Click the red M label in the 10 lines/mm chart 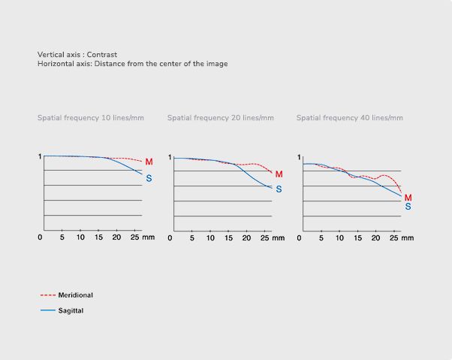(149, 162)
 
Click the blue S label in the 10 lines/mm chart (149, 178)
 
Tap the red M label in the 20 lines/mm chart (279, 174)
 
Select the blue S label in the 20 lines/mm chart (279, 189)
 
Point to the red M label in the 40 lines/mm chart (408, 198)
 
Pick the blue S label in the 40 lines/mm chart (408, 206)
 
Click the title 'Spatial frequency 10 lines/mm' (91, 118)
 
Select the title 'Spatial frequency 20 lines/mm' (221, 118)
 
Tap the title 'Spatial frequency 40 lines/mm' (350, 118)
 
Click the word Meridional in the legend (76, 295)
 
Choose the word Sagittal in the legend (71, 310)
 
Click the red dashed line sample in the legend (47, 295)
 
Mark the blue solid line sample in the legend (47, 310)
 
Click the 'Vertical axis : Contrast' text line (77, 55)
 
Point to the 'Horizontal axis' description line (133, 64)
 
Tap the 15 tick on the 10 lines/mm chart (98, 238)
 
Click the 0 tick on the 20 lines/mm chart (170, 238)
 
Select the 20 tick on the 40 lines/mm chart (376, 238)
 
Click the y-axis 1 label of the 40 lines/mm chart (299, 157)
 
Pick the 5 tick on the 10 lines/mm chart (62, 238)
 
